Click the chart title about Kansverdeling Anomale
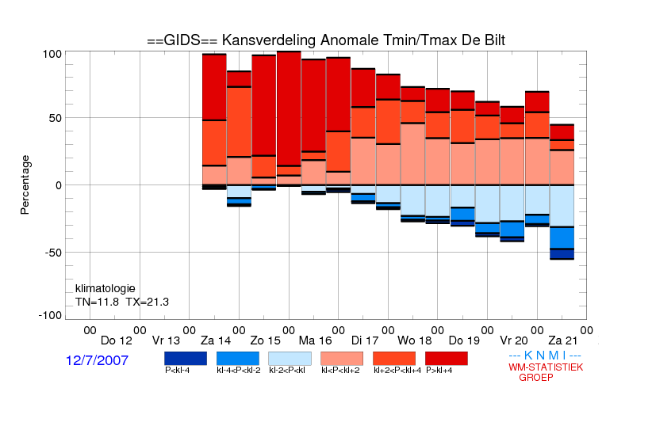coord(326,40)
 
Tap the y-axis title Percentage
coord(25,184)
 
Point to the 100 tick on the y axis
coord(52,54)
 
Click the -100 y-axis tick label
coord(50,316)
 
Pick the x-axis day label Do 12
coord(117,341)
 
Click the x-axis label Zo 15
coord(265,341)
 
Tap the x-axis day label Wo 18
coord(415,341)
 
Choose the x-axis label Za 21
coord(563,341)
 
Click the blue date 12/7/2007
coord(97,360)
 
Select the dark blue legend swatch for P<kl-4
coord(186,359)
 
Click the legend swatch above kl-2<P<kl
coord(290,359)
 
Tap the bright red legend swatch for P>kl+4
coord(447,359)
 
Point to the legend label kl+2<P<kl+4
coord(397,371)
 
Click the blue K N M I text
coord(545,356)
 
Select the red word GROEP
coord(536,378)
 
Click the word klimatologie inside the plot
coord(105,288)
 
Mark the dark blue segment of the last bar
coord(562,253)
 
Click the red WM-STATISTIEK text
coord(546,367)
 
